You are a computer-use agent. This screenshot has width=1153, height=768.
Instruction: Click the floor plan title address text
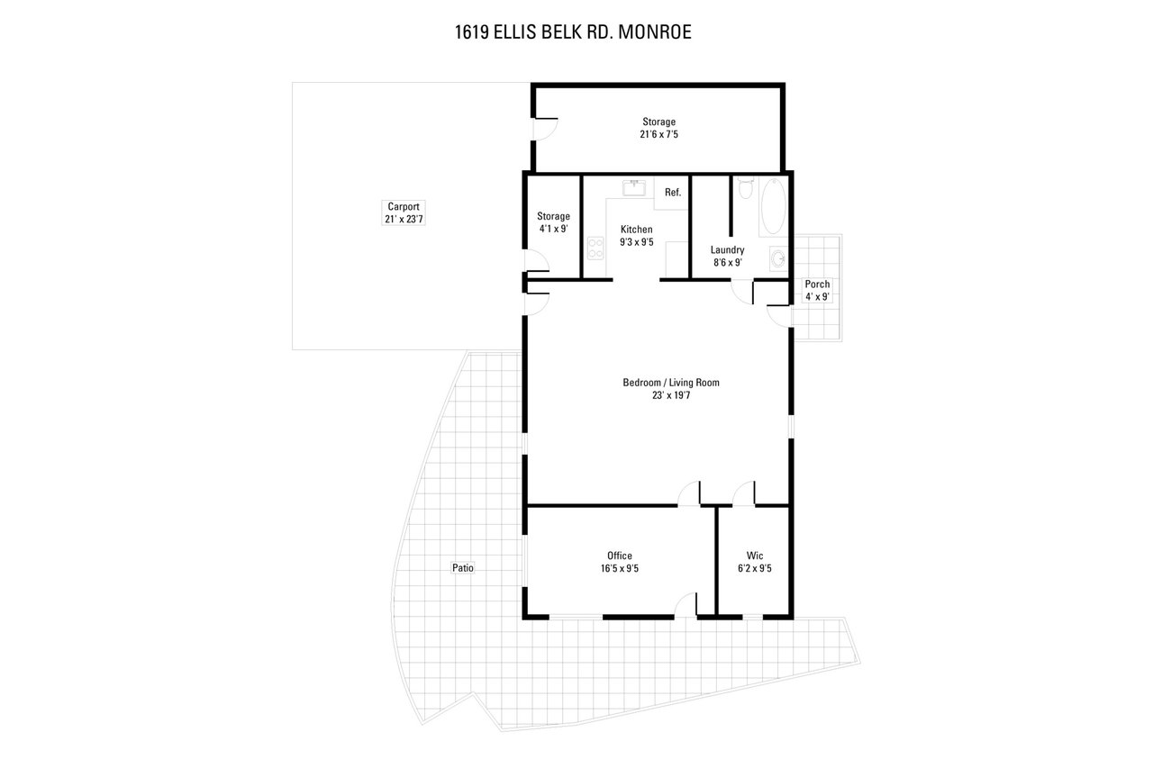pyautogui.click(x=573, y=32)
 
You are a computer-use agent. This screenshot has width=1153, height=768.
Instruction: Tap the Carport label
pyautogui.click(x=404, y=207)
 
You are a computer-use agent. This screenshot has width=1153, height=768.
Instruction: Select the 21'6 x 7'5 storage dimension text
pyautogui.click(x=658, y=135)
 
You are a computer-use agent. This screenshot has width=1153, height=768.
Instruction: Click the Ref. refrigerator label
pyautogui.click(x=673, y=193)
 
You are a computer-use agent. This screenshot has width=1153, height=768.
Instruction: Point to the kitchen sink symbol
pyautogui.click(x=634, y=188)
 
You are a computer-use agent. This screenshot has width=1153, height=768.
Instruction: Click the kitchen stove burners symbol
pyautogui.click(x=595, y=248)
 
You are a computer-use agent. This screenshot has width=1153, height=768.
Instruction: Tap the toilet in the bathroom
pyautogui.click(x=745, y=188)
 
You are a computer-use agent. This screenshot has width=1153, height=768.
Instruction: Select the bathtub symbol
pyautogui.click(x=774, y=207)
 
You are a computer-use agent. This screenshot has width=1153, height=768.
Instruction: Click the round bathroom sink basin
pyautogui.click(x=778, y=258)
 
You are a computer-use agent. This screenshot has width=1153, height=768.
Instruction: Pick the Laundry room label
pyautogui.click(x=727, y=250)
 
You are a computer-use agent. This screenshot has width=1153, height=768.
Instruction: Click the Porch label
pyautogui.click(x=817, y=284)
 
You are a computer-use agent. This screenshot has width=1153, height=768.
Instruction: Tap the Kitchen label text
pyautogui.click(x=636, y=230)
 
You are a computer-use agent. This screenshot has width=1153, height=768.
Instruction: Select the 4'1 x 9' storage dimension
pyautogui.click(x=553, y=229)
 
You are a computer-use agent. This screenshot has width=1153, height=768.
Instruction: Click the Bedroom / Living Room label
pyautogui.click(x=671, y=383)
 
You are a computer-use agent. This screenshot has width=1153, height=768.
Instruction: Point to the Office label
pyautogui.click(x=619, y=556)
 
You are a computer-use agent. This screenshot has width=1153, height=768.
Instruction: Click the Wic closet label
pyautogui.click(x=755, y=556)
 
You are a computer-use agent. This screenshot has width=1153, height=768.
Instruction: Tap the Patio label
pyautogui.click(x=463, y=568)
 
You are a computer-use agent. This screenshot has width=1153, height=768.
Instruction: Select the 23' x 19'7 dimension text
pyautogui.click(x=671, y=395)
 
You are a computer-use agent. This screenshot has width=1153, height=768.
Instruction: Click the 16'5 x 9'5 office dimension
pyautogui.click(x=619, y=568)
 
